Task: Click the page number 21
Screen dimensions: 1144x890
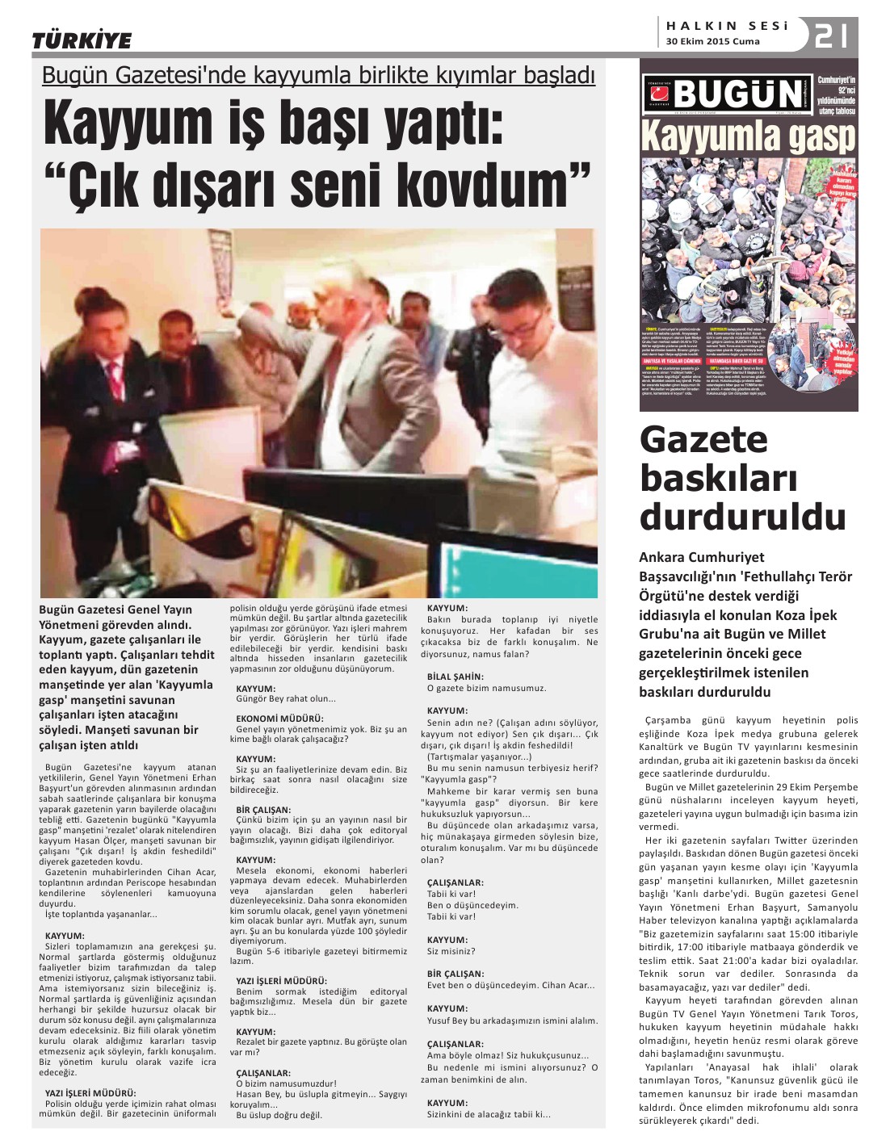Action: pos(831,36)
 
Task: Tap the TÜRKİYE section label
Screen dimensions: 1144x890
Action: pos(81,40)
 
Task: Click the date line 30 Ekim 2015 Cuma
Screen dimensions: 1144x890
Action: pos(712,42)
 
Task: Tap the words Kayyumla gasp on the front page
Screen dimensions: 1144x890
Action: pos(748,137)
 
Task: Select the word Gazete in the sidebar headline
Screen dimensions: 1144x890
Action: pos(703,440)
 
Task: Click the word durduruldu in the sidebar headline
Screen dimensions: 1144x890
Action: pos(742,517)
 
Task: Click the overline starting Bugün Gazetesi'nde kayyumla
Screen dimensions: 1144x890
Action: pos(318,75)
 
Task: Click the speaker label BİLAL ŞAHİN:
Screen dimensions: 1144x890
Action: pos(455,677)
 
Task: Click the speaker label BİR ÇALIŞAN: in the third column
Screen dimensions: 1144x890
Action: pos(457,974)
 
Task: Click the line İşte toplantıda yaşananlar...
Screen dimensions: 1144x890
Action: pos(101,914)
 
